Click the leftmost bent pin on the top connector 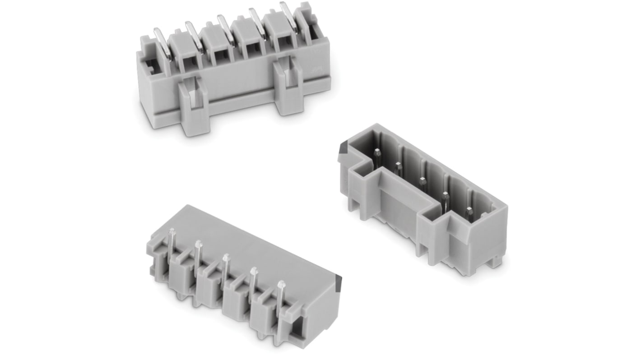163,43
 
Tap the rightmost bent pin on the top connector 287,16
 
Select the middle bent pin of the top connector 224,29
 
